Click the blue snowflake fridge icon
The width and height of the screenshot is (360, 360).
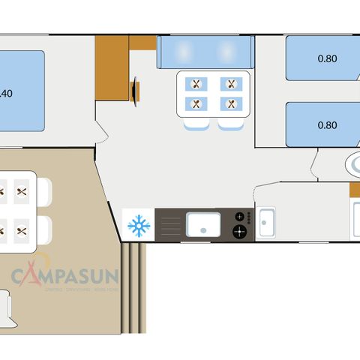point(138,224)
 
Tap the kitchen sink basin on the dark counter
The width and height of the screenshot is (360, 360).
point(202,223)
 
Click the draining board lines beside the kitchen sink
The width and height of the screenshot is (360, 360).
point(172,223)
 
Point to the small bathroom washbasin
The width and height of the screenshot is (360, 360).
point(265,222)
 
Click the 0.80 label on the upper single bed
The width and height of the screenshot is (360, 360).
point(327,58)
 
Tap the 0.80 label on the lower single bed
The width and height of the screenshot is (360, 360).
point(327,125)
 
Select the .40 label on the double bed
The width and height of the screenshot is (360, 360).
point(6,94)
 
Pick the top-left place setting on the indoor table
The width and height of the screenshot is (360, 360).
point(196,85)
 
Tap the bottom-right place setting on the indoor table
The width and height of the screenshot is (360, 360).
point(232,104)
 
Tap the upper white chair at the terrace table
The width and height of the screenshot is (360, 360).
point(44,191)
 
